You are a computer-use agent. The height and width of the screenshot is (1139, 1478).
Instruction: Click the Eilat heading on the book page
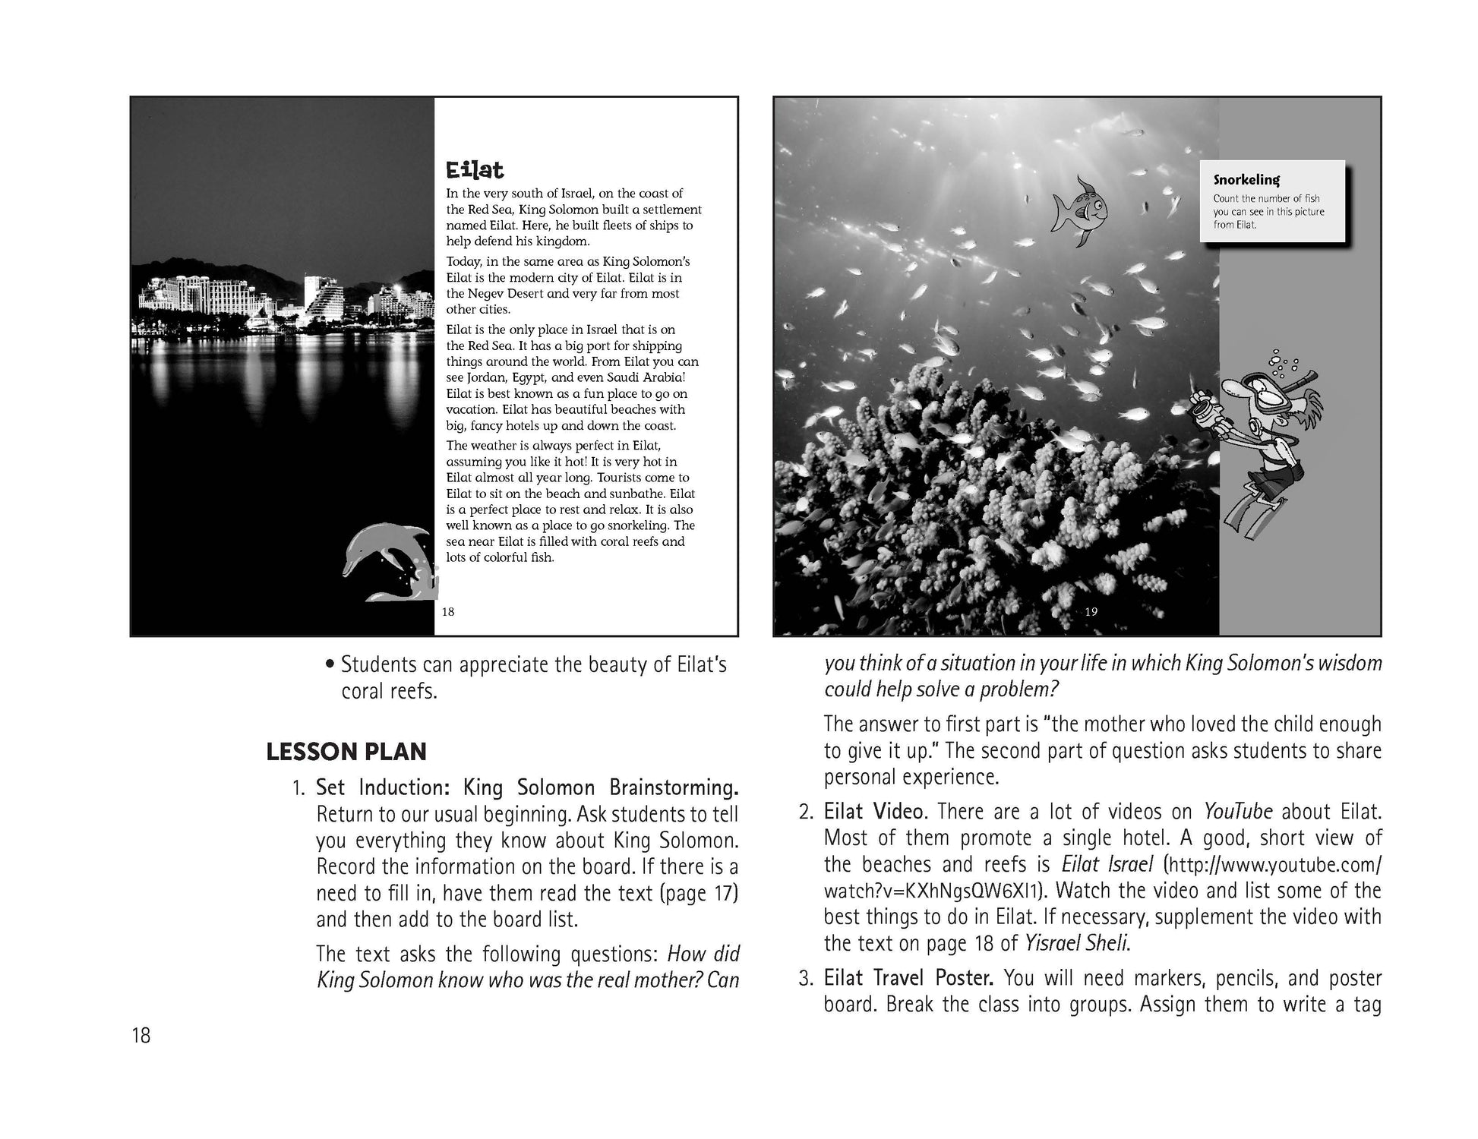475,169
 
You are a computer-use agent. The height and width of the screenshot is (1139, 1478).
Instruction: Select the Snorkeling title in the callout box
1246,180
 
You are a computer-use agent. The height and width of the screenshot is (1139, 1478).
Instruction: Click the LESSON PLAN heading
346,752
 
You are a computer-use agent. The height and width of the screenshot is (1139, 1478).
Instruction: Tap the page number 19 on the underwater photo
1091,611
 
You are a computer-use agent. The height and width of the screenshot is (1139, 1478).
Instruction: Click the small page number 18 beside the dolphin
448,611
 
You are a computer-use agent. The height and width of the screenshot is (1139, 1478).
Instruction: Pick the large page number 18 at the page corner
141,1035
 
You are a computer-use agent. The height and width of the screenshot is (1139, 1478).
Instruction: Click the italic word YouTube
1238,812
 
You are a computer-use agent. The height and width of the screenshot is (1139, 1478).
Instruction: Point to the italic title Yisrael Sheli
1076,943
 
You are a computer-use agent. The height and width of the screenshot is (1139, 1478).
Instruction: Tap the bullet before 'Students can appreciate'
330,665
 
